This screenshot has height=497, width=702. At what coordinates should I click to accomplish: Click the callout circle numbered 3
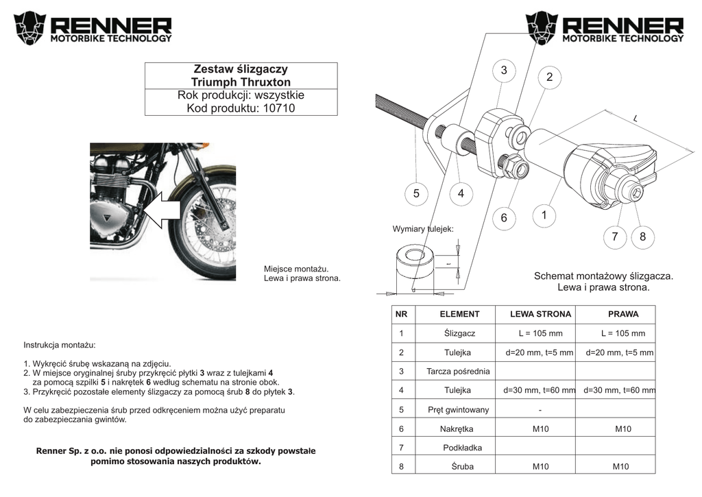(x=504, y=70)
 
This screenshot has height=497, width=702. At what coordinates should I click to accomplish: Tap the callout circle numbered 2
(x=549, y=77)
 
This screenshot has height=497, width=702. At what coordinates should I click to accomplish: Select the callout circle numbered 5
(x=416, y=194)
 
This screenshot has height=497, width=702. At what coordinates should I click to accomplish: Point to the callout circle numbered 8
(x=642, y=237)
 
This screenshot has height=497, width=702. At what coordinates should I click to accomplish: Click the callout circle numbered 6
(x=503, y=218)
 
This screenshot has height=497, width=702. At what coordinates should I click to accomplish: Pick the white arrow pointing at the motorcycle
(x=163, y=209)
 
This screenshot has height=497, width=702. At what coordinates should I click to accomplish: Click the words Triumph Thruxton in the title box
(x=241, y=82)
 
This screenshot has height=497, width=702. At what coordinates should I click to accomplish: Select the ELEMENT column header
(x=459, y=315)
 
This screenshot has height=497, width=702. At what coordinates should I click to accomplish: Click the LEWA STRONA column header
(x=540, y=315)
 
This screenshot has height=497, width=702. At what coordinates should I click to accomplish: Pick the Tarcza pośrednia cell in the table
(x=458, y=372)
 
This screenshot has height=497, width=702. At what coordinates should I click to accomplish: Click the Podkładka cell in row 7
(x=463, y=448)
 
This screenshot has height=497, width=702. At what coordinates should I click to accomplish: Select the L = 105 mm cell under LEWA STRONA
(x=540, y=334)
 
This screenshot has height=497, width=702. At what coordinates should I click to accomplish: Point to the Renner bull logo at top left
(x=31, y=27)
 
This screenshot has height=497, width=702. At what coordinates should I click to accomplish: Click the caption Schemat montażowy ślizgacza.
(x=603, y=276)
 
